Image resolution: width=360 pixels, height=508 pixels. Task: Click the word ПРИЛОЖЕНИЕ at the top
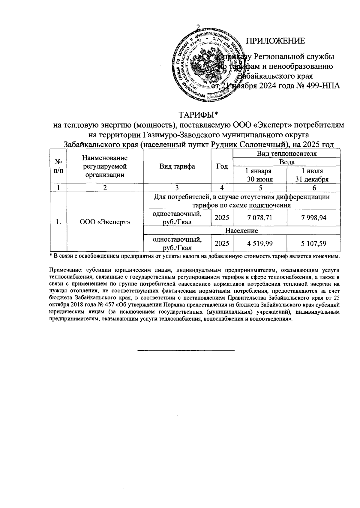tap(275, 41)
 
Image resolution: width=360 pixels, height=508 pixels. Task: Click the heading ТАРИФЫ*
tap(198, 115)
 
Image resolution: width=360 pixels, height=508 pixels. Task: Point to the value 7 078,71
tap(260, 218)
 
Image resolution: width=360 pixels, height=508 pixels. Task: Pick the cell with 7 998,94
tap(313, 218)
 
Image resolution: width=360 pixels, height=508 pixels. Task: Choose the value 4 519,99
tap(260, 244)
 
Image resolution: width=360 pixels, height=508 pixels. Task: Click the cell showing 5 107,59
tap(313, 244)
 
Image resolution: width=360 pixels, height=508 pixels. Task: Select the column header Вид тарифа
tap(177, 166)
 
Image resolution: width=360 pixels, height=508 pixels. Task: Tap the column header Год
tap(222, 166)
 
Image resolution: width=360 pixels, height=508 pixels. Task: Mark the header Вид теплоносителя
tap(286, 154)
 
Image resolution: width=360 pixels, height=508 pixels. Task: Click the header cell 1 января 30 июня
tap(260, 175)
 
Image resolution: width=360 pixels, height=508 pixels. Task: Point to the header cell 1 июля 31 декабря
tap(313, 175)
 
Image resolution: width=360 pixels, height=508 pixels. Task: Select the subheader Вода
tap(286, 162)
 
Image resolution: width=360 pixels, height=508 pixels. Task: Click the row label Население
tap(241, 231)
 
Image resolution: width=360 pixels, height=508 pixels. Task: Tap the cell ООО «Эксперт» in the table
tap(105, 222)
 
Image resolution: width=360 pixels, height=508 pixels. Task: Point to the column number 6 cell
tap(313, 188)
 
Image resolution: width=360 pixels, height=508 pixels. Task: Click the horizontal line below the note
tap(186, 350)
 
